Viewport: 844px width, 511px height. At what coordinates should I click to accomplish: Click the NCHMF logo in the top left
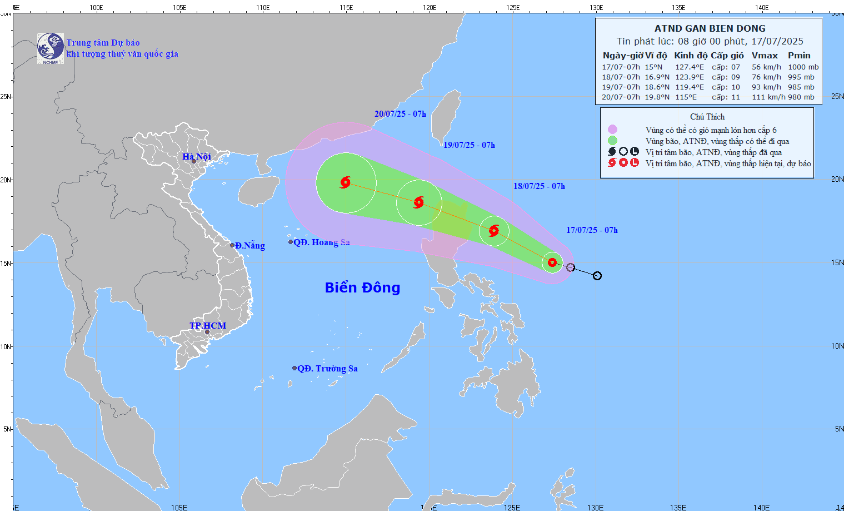coord(50,48)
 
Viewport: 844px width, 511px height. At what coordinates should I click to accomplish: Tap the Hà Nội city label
coord(197,157)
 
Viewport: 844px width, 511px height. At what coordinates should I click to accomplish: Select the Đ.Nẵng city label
coord(249,246)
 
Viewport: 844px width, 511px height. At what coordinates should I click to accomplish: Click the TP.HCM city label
coord(208,326)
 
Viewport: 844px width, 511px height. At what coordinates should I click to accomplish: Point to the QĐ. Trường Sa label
coord(327,369)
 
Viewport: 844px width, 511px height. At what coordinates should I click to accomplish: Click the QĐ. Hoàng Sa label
coord(321,242)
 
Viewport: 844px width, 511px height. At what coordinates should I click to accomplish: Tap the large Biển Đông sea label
coord(362,287)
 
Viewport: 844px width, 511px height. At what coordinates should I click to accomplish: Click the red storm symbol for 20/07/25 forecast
coord(346,182)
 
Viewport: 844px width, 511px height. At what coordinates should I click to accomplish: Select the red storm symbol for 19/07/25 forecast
coord(419,202)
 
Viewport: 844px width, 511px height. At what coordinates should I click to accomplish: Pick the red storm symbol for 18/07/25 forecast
coord(493,230)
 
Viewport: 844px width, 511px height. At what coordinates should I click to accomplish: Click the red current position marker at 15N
coord(552,262)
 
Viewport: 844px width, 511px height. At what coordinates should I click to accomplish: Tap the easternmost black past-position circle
coord(597,276)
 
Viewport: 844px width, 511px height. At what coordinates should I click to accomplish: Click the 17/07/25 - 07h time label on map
coord(592,230)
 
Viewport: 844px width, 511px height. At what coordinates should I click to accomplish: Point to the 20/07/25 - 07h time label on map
coord(400,114)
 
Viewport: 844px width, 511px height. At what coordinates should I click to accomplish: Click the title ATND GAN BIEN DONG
coord(710,28)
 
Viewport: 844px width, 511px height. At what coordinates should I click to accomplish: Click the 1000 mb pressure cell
coord(803,67)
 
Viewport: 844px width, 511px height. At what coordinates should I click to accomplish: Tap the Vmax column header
coord(765,56)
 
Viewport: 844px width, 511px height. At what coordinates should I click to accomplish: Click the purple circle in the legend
coord(612,130)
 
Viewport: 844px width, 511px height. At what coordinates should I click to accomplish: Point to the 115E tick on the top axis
coord(346,8)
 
